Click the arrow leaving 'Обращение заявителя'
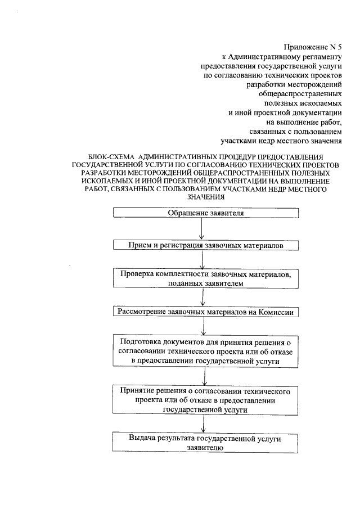click(201, 229)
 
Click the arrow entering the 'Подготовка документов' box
click(201, 326)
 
